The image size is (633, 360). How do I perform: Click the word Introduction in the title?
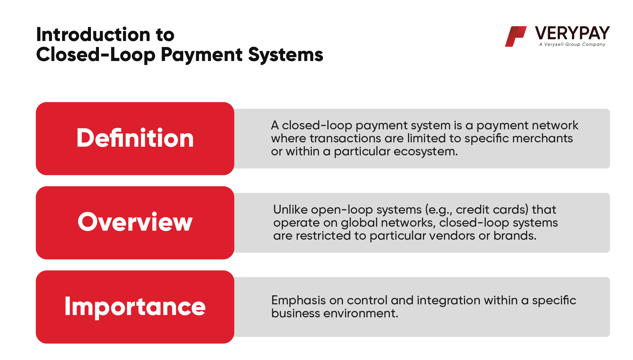[93, 34]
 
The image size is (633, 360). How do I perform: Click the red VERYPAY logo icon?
[516, 36]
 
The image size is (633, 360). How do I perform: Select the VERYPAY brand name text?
[572, 33]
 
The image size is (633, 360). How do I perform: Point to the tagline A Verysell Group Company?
[572, 44]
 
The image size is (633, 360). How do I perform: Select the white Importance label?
[135, 306]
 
